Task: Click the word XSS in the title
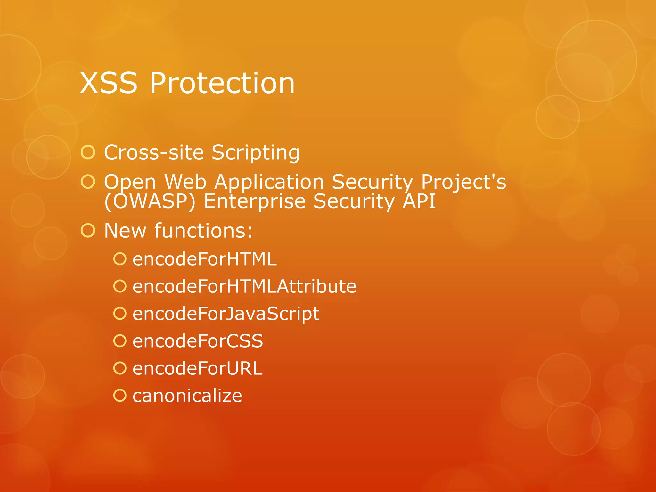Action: (x=109, y=83)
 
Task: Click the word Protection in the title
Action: (x=222, y=83)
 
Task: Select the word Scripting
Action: (x=255, y=153)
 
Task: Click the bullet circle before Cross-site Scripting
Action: (x=88, y=152)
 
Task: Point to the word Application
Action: (x=269, y=182)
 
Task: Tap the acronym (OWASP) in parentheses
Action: (x=150, y=201)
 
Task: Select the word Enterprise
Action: (x=255, y=201)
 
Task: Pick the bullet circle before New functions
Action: (x=88, y=230)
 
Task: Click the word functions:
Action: (x=204, y=230)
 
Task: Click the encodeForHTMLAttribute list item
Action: (x=244, y=286)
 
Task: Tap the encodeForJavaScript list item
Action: (x=226, y=314)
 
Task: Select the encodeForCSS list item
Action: (x=198, y=341)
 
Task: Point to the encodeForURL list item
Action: (x=197, y=368)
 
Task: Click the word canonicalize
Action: (x=187, y=396)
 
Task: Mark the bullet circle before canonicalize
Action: (x=120, y=396)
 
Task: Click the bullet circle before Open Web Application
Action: (x=88, y=182)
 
